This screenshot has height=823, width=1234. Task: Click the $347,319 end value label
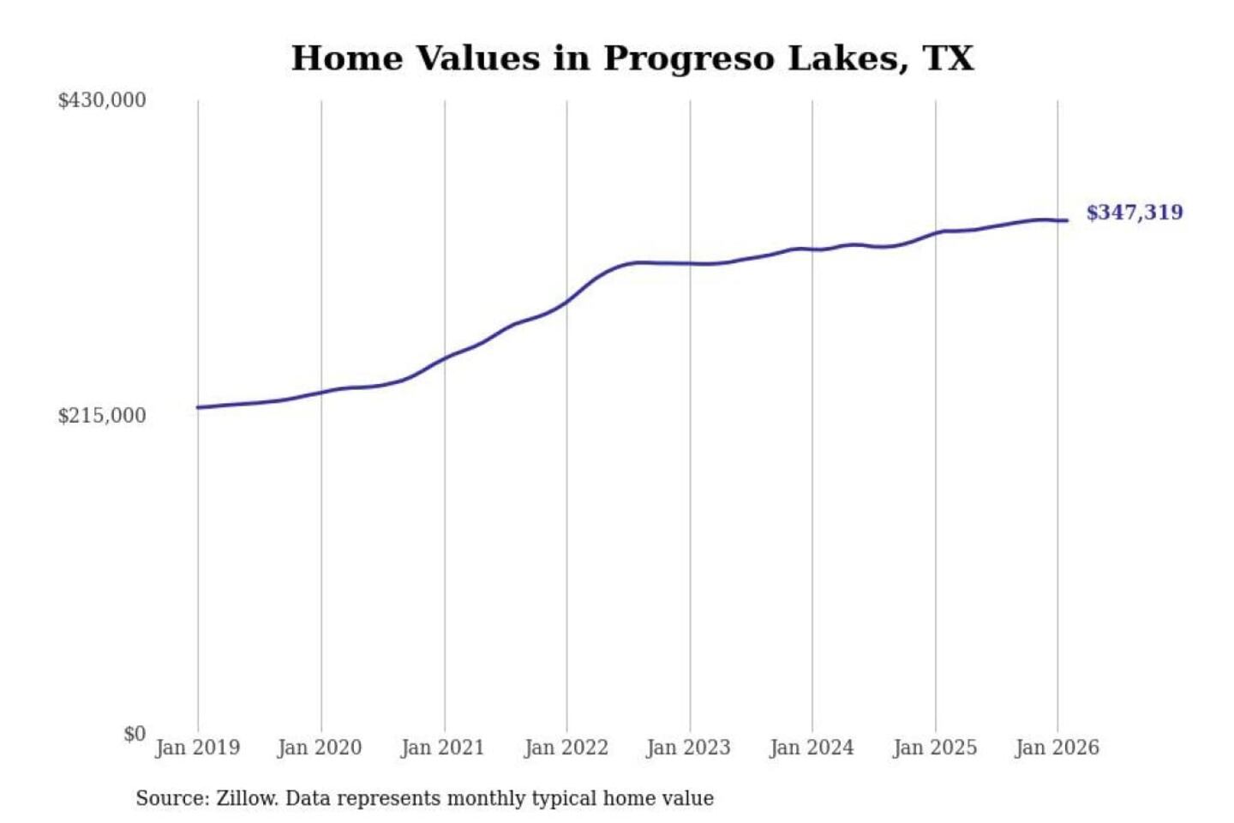(x=1134, y=213)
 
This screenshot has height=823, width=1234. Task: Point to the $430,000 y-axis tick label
(x=102, y=100)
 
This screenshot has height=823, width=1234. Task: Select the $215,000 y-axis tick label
(x=102, y=416)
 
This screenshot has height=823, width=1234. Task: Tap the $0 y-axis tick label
(x=135, y=734)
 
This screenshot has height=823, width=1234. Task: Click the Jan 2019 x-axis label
(x=197, y=748)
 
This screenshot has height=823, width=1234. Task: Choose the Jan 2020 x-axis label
(x=320, y=748)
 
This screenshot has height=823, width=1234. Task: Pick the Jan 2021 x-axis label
(x=442, y=748)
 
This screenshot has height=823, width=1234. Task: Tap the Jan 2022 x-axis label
(x=566, y=748)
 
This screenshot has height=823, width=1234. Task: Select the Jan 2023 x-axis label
(x=688, y=748)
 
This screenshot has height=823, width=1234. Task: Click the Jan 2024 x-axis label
(x=812, y=748)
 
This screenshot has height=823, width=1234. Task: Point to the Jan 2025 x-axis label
(x=934, y=748)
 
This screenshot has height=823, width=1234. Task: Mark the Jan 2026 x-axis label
(x=1057, y=748)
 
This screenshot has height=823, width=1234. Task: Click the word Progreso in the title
(x=689, y=59)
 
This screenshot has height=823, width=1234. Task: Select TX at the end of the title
(x=948, y=59)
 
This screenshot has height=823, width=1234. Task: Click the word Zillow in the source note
(x=247, y=799)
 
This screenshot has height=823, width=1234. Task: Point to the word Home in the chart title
(x=347, y=59)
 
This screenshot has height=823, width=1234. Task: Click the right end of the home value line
(x=1067, y=221)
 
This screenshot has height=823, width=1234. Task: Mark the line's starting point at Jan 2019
(x=198, y=407)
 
